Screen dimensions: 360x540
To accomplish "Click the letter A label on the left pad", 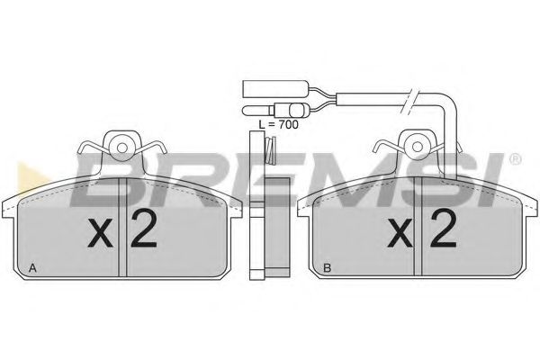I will coord(33,268).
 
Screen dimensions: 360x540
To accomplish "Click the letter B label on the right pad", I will coord(328,268).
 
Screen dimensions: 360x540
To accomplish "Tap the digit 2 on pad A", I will coord(143,232).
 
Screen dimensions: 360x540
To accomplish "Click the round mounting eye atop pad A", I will coord(120,141).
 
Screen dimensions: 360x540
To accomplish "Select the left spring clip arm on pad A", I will coord(88,148).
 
